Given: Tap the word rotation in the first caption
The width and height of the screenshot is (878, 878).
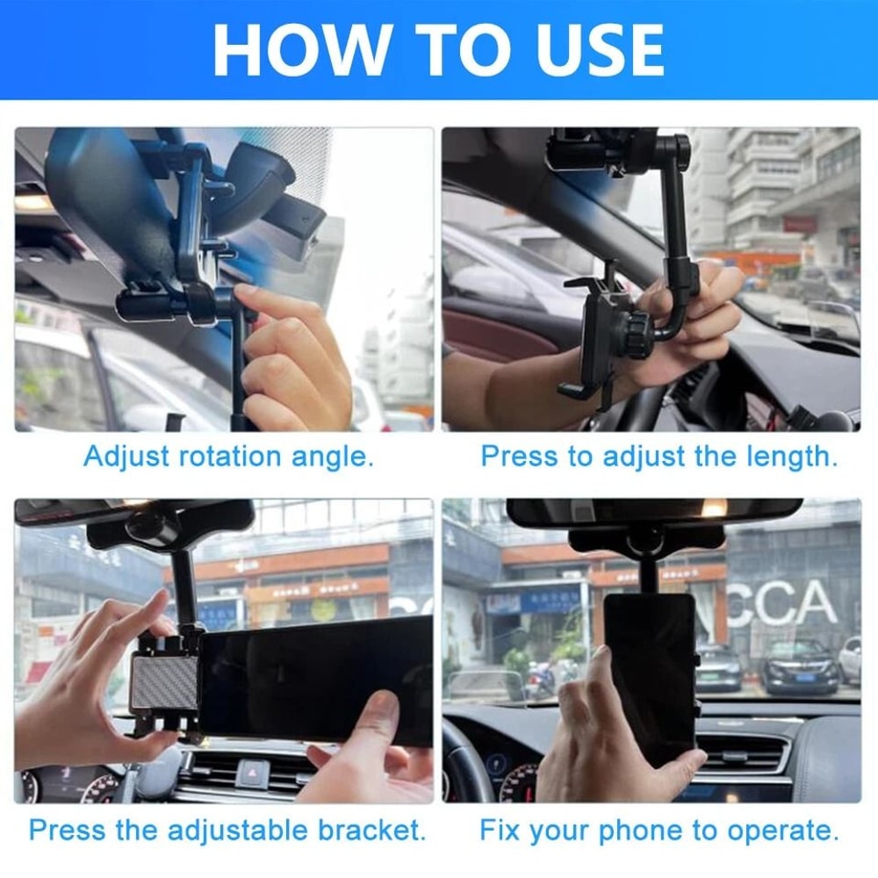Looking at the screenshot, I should point(235,457).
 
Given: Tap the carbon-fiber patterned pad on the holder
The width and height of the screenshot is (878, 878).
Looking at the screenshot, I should point(164,682).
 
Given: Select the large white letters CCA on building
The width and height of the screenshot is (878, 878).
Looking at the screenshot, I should point(781,603).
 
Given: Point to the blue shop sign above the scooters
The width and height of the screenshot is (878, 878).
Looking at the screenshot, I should point(537,600).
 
